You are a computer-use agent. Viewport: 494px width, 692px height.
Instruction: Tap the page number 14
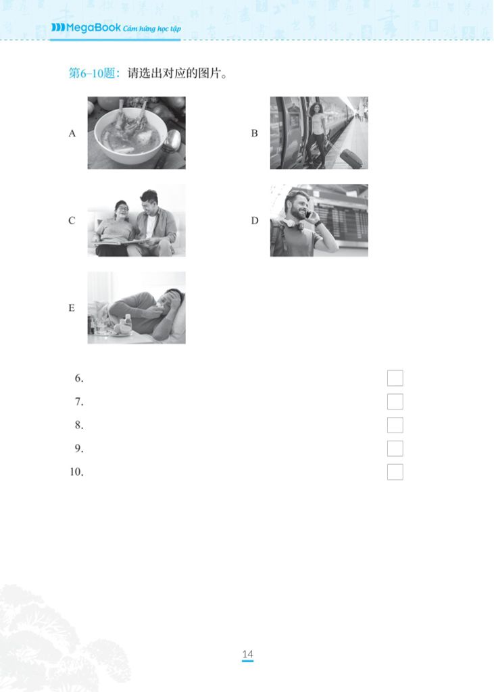tap(247, 654)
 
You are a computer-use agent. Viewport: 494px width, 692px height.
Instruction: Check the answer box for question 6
tap(395, 378)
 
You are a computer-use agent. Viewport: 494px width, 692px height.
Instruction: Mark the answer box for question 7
tap(395, 401)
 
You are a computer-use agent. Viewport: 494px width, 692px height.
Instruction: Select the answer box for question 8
tap(395, 425)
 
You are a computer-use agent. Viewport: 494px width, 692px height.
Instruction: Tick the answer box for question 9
tap(395, 449)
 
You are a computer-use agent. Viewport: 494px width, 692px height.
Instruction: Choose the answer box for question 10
tap(395, 472)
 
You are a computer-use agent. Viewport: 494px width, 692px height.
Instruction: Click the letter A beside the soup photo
tap(72, 133)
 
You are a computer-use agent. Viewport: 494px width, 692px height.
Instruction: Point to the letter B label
tap(255, 133)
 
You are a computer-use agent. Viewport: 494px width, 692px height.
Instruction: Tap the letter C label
tap(72, 220)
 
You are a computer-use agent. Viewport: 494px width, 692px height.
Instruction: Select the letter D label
tap(255, 220)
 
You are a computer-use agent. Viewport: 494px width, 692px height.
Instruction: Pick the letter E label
tap(72, 308)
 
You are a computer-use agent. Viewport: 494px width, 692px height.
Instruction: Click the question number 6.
tap(78, 378)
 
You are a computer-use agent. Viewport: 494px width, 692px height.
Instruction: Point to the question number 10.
tap(76, 472)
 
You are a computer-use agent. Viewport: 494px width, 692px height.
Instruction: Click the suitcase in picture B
tap(350, 158)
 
